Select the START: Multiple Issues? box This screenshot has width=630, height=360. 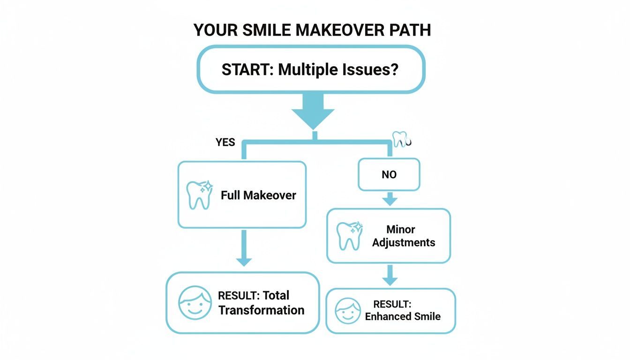click(310, 69)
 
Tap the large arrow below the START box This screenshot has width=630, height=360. click(313, 112)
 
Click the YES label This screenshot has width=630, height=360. click(225, 142)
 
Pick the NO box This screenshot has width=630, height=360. click(389, 175)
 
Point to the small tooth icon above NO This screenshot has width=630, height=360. click(399, 139)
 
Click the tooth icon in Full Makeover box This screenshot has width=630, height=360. click(199, 195)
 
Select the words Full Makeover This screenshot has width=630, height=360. click(258, 195)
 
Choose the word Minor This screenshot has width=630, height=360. click(401, 230)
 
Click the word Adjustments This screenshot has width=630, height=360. click(404, 242)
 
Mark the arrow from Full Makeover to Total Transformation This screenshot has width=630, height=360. click(243, 251)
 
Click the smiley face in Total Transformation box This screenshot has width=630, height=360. click(195, 303)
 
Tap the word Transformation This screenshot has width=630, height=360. click(261, 310)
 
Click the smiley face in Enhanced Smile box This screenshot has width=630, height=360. click(348, 311)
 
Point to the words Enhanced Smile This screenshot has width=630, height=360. click(403, 316)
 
